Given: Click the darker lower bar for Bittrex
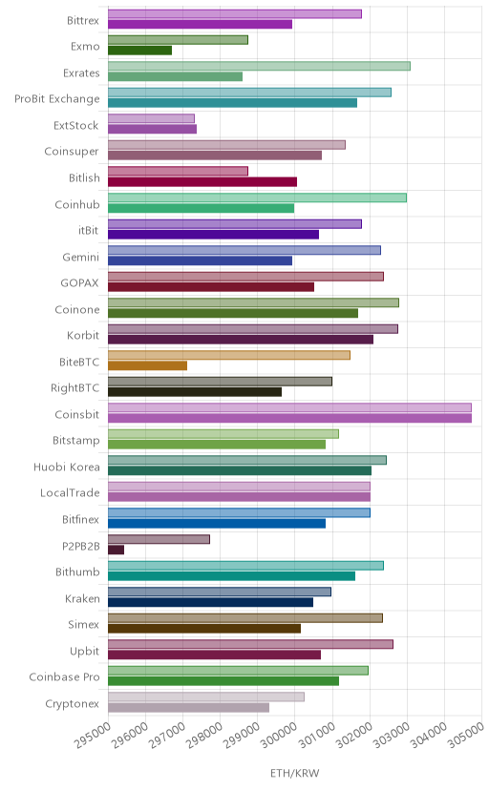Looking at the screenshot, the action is click(201, 24).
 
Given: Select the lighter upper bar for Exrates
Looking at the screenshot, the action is click(259, 66).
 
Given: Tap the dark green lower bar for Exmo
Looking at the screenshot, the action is click(139, 51).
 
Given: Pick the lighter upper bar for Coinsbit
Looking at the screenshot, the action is click(290, 407).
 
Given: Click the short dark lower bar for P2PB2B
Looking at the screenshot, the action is click(116, 550).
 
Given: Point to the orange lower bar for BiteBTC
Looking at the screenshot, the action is click(147, 365).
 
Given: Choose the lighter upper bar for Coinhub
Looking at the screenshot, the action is click(257, 197).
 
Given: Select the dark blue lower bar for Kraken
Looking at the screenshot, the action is click(210, 602).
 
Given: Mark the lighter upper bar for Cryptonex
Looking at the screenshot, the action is click(206, 696).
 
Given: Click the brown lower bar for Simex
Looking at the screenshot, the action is click(204, 628).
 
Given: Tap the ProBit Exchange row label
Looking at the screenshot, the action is click(57, 99).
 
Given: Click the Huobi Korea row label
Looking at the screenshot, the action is click(67, 468).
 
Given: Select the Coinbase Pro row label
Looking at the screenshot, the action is click(65, 677).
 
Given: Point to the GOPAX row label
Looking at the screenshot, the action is click(79, 283).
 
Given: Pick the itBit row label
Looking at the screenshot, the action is click(88, 230).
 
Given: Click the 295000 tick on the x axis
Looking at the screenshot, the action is click(93, 736).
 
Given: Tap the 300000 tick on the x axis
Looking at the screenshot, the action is click(280, 736).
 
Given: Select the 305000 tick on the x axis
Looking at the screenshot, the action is click(466, 736).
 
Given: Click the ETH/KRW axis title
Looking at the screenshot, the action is click(295, 774).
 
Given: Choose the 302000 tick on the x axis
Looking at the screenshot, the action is click(354, 736).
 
